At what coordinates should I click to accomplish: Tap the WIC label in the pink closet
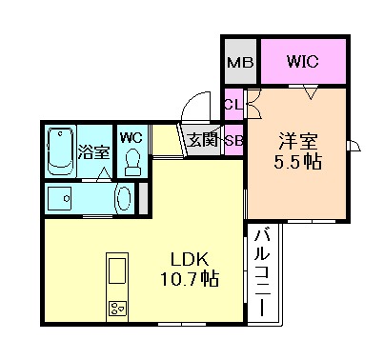pyautogui.click(x=302, y=63)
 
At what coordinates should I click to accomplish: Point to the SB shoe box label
pyautogui.click(x=232, y=140)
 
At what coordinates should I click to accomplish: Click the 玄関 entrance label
pyautogui.click(x=202, y=140)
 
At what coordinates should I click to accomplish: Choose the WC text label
pyautogui.click(x=131, y=135)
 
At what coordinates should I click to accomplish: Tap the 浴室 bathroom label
pyautogui.click(x=92, y=150)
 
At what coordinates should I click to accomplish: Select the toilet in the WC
pyautogui.click(x=131, y=159)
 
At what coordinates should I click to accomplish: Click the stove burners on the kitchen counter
pyautogui.click(x=117, y=307)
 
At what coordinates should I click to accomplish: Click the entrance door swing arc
pyautogui.click(x=192, y=105)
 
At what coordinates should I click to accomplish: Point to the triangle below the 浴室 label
pyautogui.click(x=103, y=174)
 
